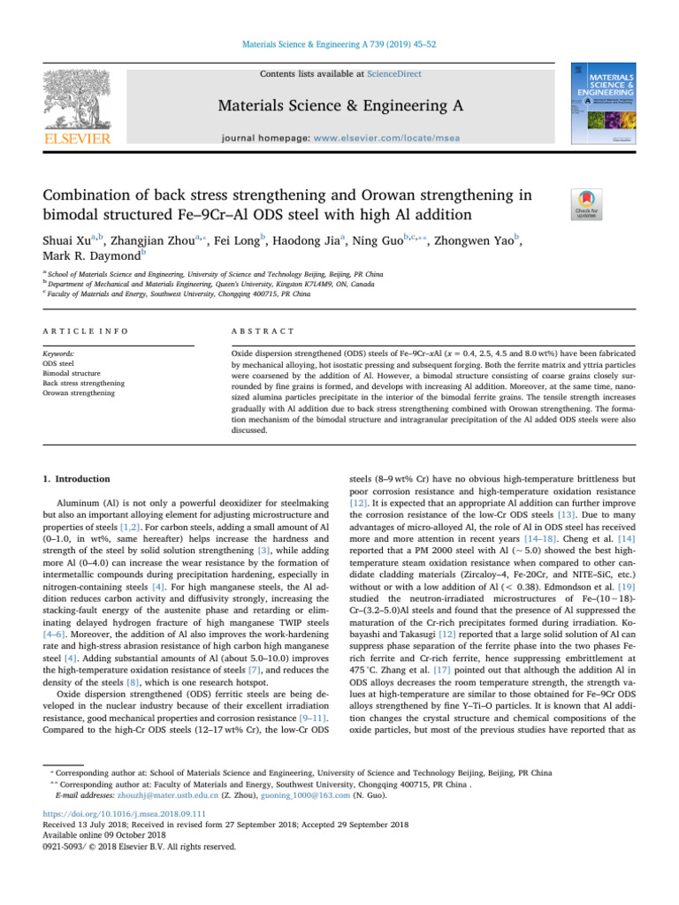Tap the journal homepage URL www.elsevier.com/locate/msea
pyautogui.click(x=401, y=139)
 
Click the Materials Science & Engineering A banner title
pyautogui.click(x=340, y=107)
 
